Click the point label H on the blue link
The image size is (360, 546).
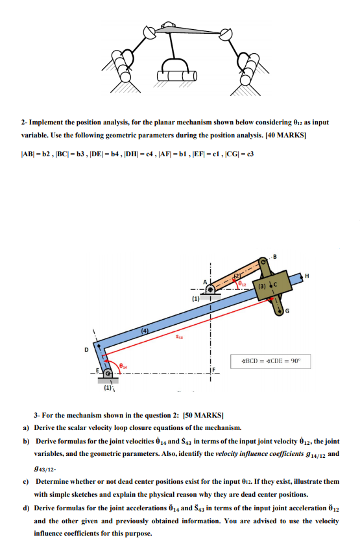[x=307, y=276]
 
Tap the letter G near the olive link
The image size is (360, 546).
[x=287, y=311]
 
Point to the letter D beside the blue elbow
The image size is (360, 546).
[x=86, y=350]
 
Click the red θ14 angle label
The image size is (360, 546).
[x=123, y=366]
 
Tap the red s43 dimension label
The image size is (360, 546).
[x=179, y=337]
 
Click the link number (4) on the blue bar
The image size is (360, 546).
[x=145, y=331]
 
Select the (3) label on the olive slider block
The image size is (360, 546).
[x=261, y=286]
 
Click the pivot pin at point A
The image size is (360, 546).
[x=210, y=289]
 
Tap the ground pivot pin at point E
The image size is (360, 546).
[x=108, y=374]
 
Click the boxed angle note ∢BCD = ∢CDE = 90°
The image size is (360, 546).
[x=270, y=361]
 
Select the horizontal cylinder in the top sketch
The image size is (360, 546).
[x=177, y=75]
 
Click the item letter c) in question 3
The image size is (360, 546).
[x=26, y=482]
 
